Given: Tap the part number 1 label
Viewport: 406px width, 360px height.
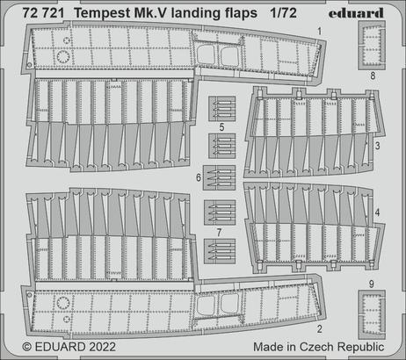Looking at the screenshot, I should (321, 31).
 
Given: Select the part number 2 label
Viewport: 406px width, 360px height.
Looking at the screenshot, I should (321, 329).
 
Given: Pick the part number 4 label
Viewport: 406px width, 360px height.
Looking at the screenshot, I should (376, 213).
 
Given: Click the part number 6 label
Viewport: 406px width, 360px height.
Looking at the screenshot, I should (199, 178).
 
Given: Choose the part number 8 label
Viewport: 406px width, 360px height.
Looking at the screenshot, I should (373, 76).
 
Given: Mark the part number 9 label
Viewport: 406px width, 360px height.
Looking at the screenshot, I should (373, 284).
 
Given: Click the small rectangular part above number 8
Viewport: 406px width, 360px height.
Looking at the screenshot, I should (373, 45).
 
